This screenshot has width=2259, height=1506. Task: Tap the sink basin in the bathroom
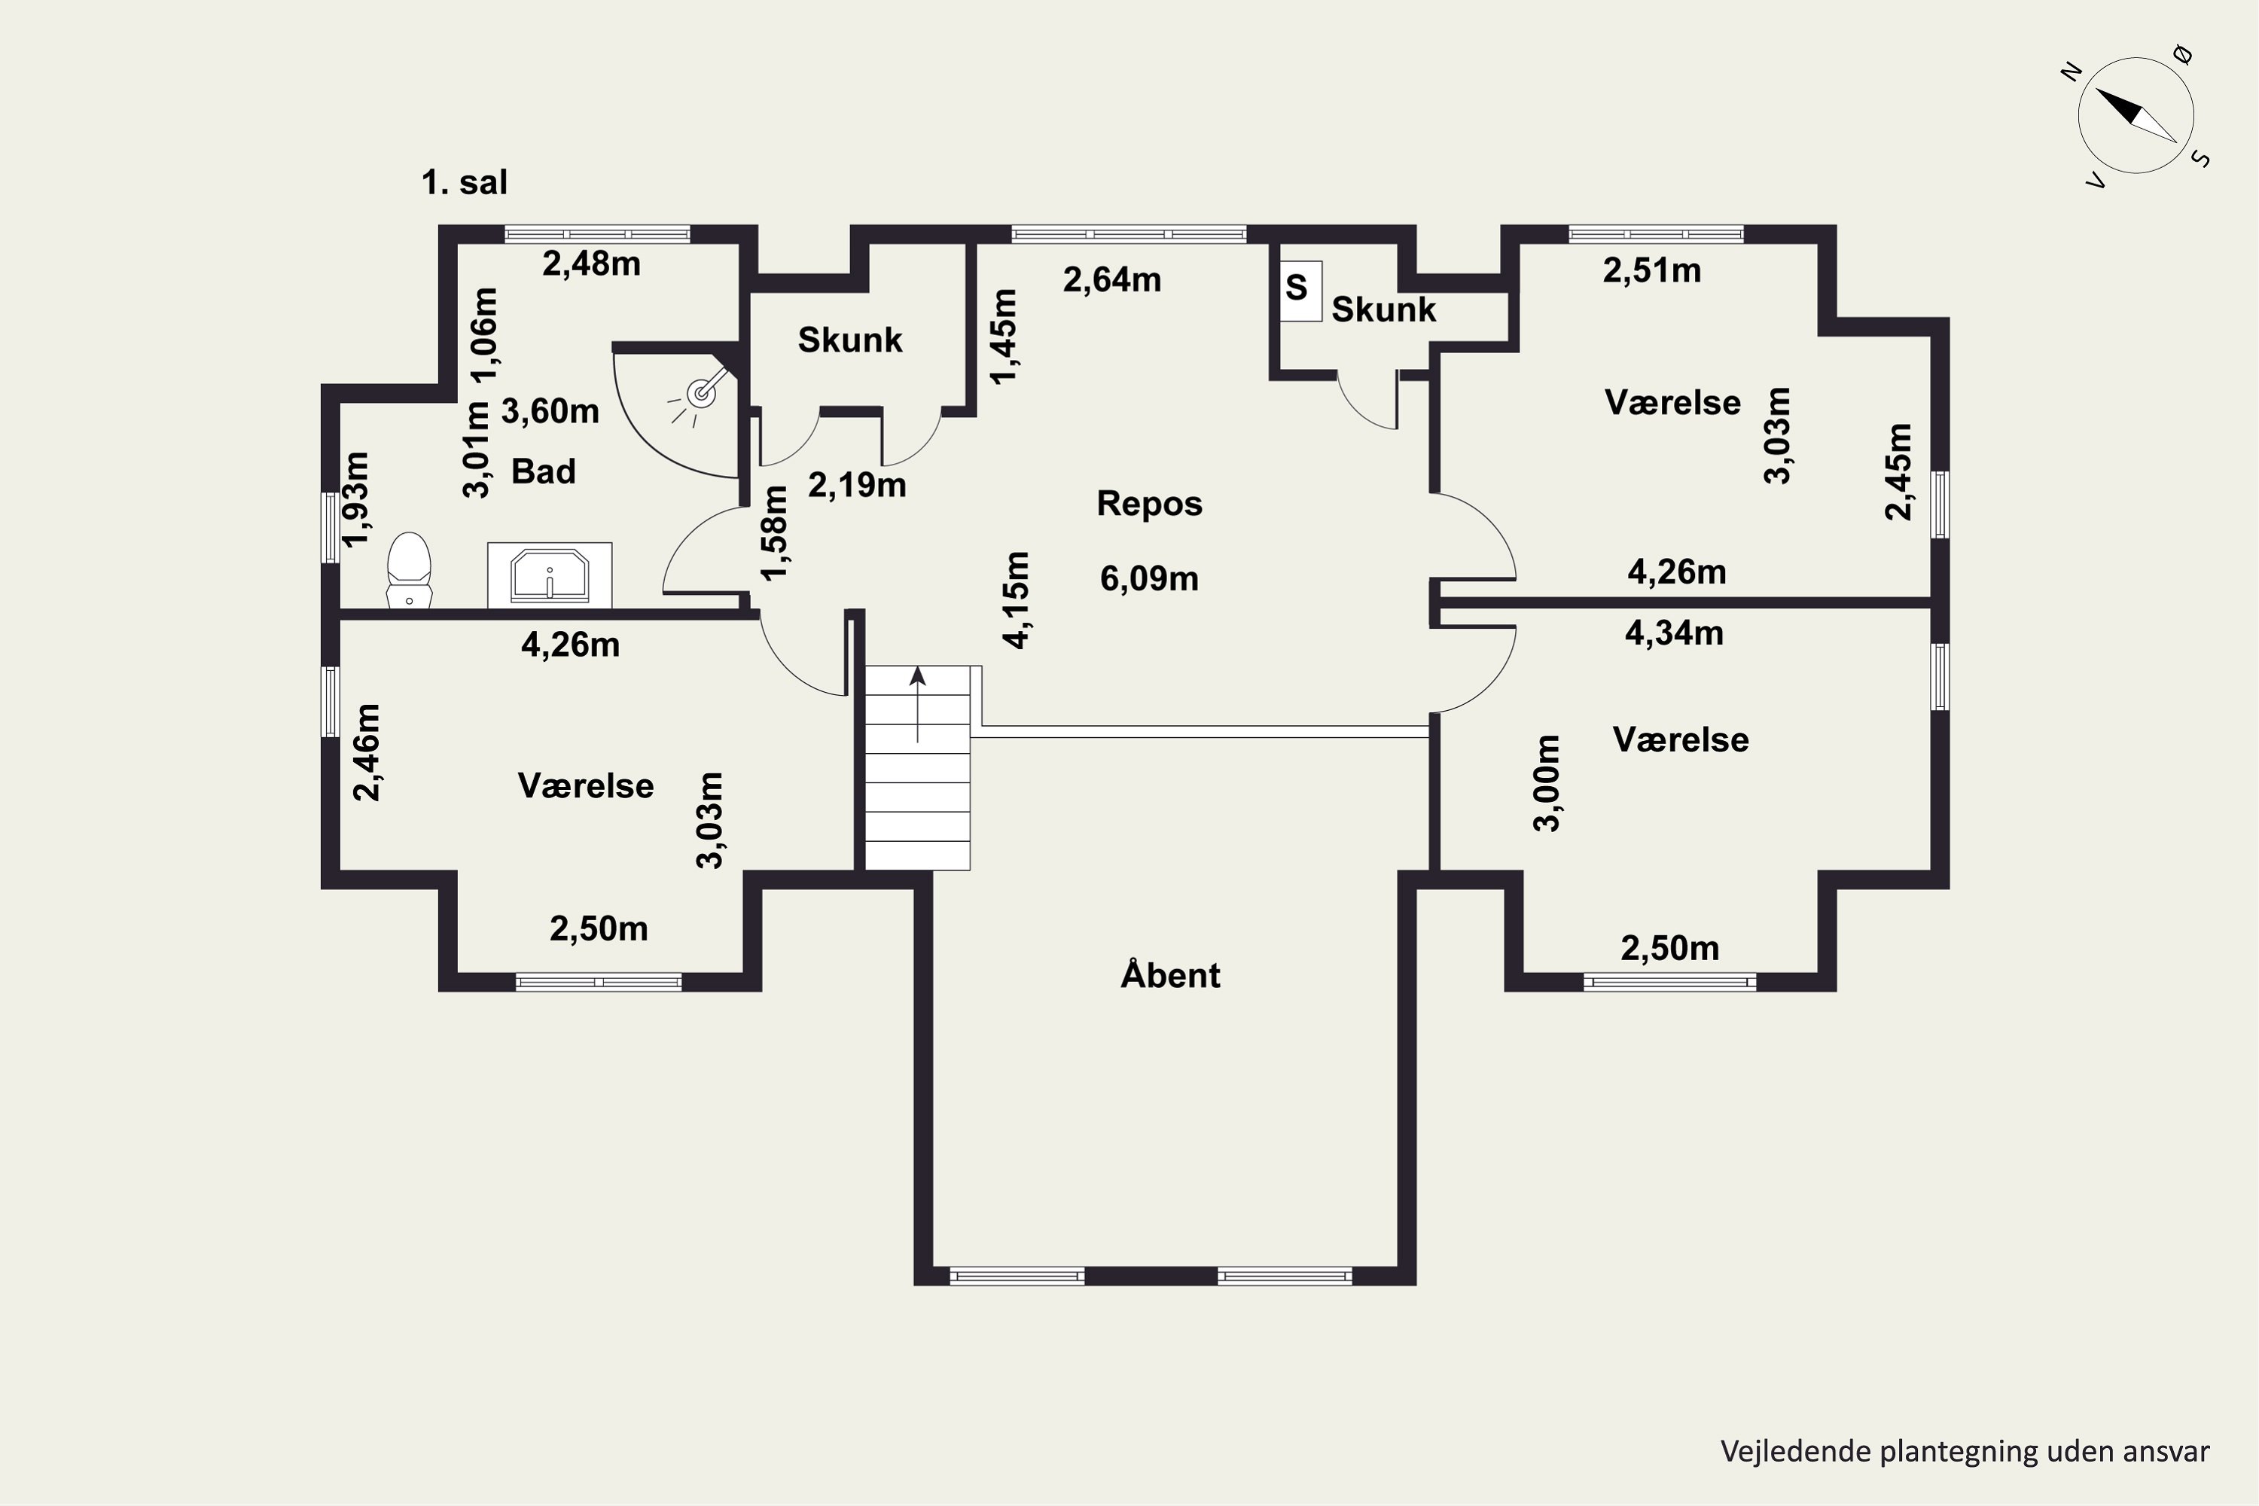point(550,575)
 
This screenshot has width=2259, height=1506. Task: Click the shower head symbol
point(702,391)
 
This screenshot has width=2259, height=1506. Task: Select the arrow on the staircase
point(918,703)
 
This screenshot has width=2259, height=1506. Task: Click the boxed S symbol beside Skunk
point(1300,289)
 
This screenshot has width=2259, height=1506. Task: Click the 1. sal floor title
point(465,182)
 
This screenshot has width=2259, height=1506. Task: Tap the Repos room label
point(1150,503)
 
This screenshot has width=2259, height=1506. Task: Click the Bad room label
point(544,471)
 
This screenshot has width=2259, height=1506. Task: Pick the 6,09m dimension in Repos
point(1149,579)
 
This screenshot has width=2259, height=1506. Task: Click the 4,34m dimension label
point(1674,633)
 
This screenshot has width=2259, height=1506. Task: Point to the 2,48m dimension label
point(592,263)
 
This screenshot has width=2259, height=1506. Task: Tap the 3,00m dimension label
point(1547,783)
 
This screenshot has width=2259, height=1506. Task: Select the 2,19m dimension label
point(857,485)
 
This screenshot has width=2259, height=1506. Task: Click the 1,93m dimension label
point(356,498)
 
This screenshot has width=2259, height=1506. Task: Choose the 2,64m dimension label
point(1112,279)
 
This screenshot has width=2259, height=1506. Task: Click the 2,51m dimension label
point(1652,271)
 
